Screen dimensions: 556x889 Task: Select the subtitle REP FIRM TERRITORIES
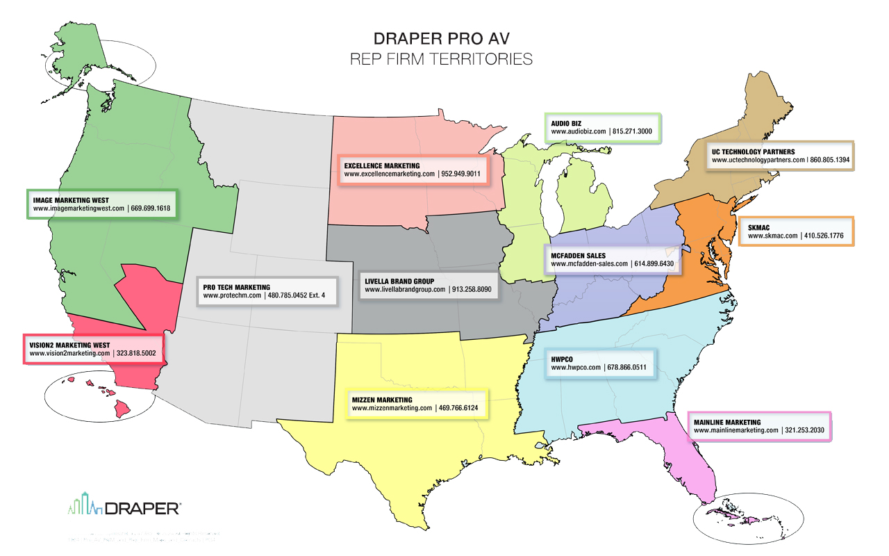[442, 59]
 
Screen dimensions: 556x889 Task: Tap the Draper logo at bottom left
[125, 507]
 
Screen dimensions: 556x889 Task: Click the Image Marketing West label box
[101, 204]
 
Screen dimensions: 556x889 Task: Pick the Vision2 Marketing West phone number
[140, 353]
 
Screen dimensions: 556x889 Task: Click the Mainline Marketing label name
[726, 422]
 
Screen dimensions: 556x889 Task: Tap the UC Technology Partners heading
[753, 151]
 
